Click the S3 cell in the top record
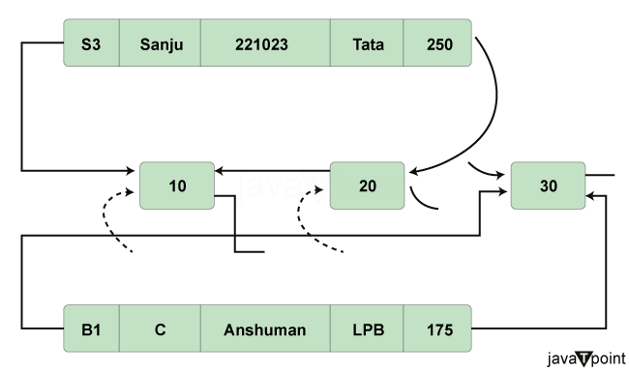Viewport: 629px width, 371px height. pos(92,43)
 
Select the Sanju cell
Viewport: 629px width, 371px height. pos(161,43)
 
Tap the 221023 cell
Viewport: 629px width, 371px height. pos(265,43)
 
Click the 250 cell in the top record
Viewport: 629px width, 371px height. pos(436,43)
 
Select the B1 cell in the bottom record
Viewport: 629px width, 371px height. pos(92,329)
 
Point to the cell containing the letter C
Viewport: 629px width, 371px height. pos(161,329)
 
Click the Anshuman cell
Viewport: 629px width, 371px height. pos(265,329)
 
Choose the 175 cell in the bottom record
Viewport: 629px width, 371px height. pos(436,329)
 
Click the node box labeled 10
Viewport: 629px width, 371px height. pos(177,185)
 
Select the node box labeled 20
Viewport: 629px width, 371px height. pos(367,185)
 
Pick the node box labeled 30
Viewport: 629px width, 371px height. pos(548,185)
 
